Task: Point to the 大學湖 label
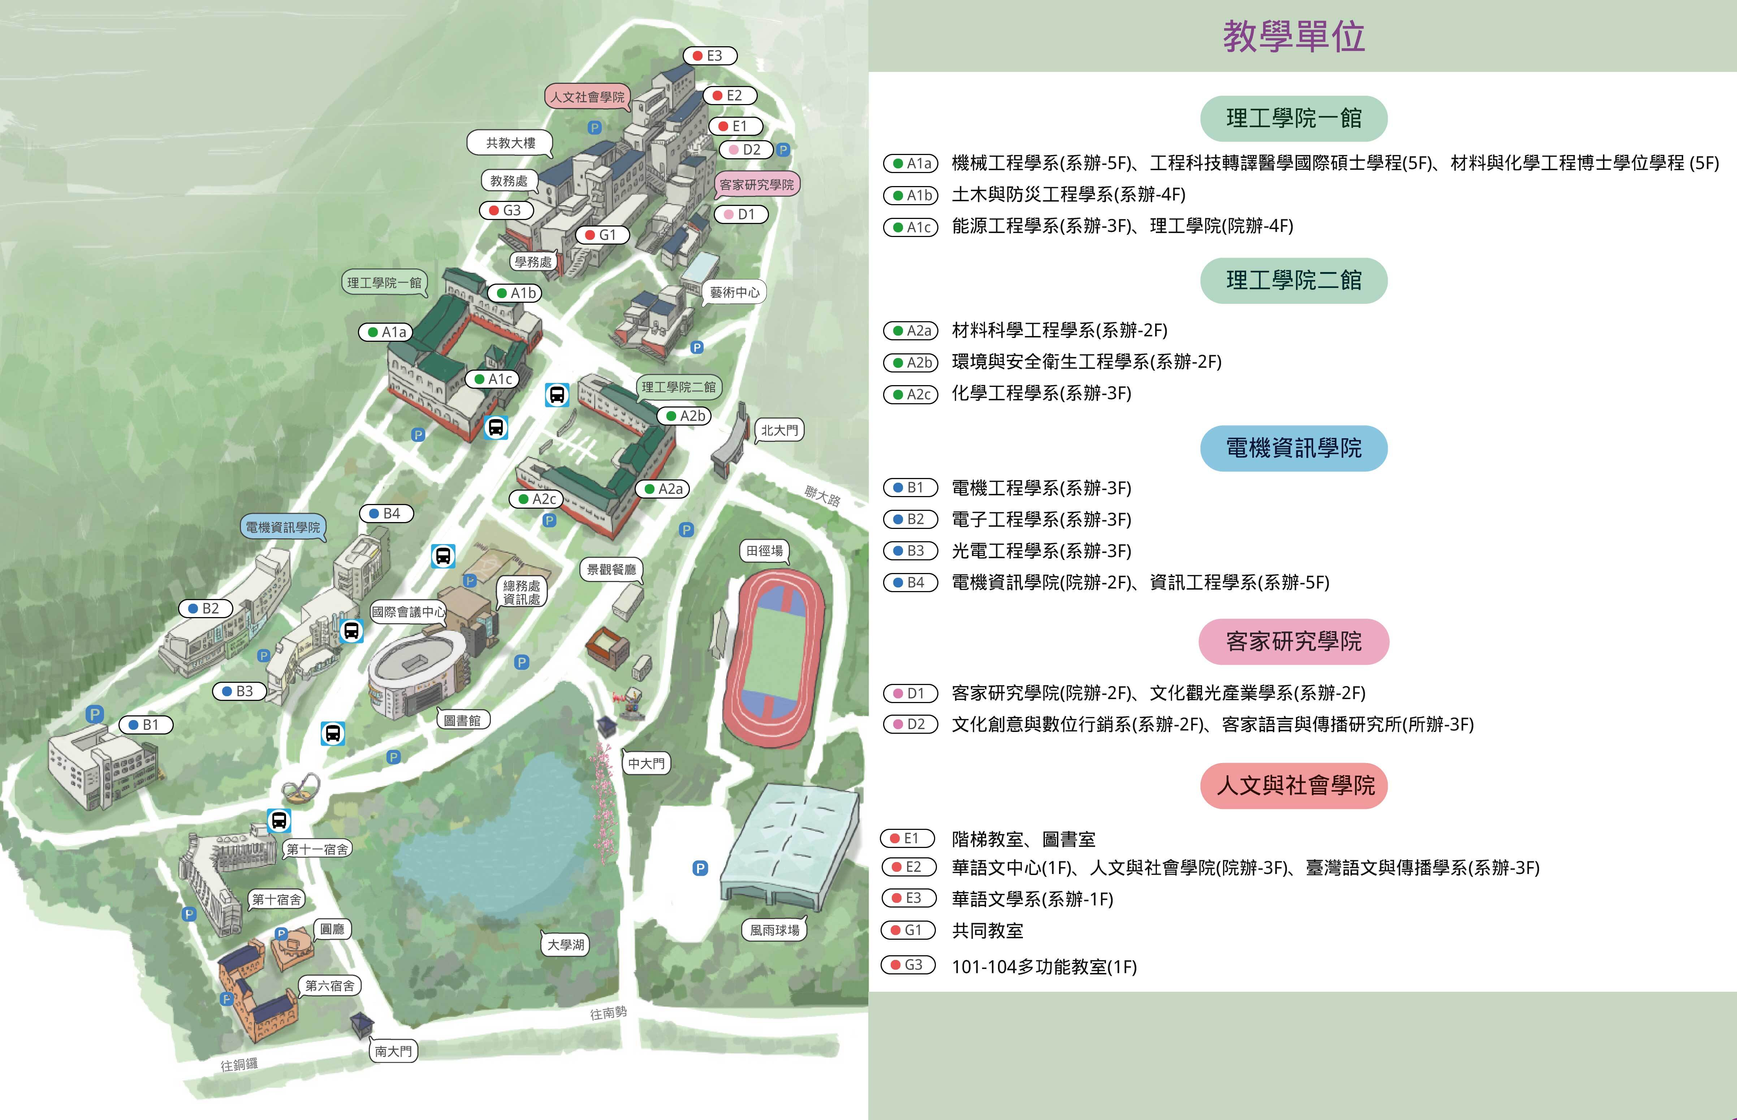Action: (x=566, y=945)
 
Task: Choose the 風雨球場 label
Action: (x=774, y=930)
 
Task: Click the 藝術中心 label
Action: (x=734, y=292)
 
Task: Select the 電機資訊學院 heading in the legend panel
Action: (x=1293, y=448)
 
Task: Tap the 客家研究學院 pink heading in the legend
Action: (x=1293, y=641)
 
